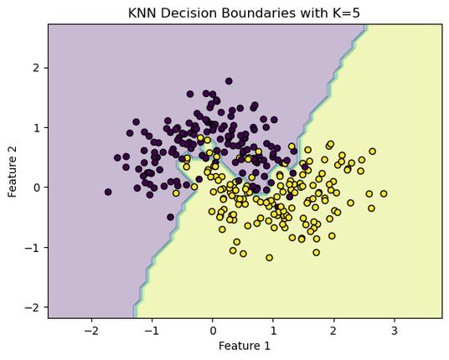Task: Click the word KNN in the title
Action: pyautogui.click(x=142, y=13)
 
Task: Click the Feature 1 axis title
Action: pyautogui.click(x=245, y=346)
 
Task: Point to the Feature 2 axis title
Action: pyautogui.click(x=13, y=171)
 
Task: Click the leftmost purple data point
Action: pyautogui.click(x=108, y=192)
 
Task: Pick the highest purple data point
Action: pyautogui.click(x=229, y=81)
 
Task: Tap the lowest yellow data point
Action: pyautogui.click(x=270, y=258)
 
